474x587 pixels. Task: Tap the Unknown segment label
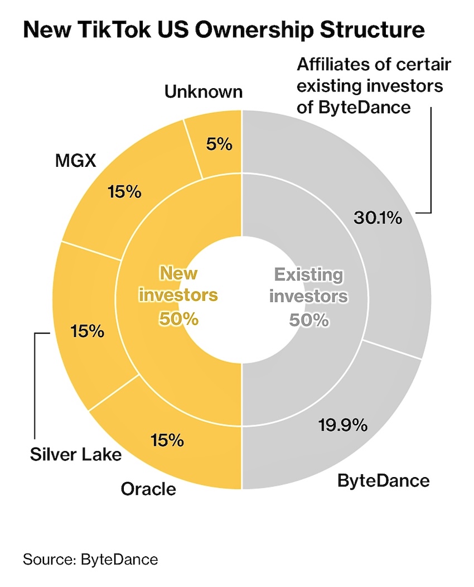point(204,92)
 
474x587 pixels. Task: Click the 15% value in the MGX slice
point(124,192)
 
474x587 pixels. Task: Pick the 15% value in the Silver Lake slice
point(88,331)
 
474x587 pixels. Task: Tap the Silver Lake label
point(75,454)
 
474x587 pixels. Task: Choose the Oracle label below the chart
point(148,489)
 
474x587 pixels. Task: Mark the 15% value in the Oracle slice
point(167,440)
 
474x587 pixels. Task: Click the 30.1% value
point(378,217)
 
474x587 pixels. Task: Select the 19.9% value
point(343,426)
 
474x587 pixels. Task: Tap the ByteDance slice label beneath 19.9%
point(384,480)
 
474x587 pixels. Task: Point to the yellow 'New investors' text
point(178,284)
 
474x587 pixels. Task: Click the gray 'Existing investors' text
point(308,285)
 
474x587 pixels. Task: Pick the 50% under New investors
point(178,319)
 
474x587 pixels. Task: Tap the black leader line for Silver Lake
point(35,385)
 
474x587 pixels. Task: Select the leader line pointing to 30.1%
point(431,162)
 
